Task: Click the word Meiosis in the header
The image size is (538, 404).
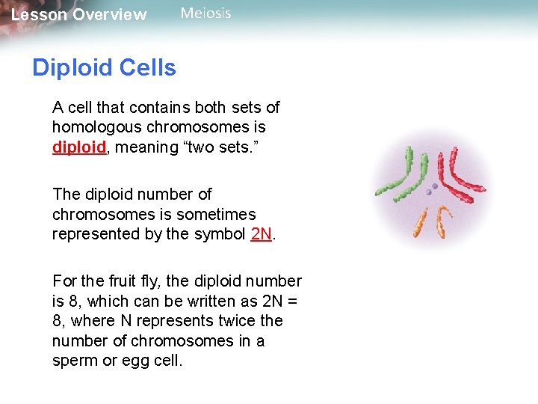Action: [x=206, y=13]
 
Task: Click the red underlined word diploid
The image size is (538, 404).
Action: [x=79, y=147]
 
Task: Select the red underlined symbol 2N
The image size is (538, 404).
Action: [x=262, y=234]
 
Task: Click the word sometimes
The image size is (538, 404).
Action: [x=217, y=214]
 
